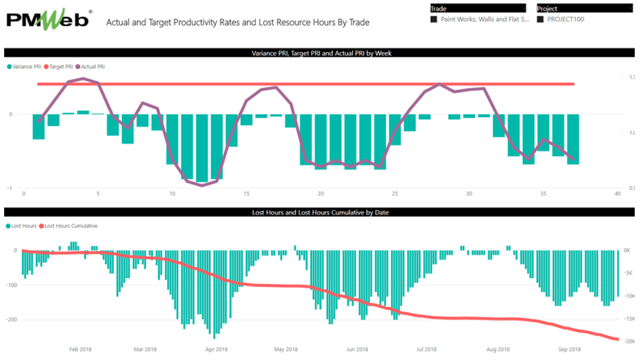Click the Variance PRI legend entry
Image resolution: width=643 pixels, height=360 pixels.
pyautogui.click(x=24, y=67)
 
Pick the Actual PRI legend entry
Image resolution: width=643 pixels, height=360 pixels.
pyautogui.click(x=91, y=67)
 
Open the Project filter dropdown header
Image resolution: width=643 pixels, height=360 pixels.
pyautogui.click(x=584, y=8)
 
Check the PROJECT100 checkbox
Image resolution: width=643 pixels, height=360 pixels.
pyautogui.click(x=540, y=20)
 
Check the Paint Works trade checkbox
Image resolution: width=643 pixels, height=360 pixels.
pyautogui.click(x=434, y=20)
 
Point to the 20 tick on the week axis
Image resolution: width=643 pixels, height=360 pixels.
pyautogui.click(x=321, y=194)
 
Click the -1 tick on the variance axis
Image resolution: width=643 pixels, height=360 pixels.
pyautogui.click(x=9, y=188)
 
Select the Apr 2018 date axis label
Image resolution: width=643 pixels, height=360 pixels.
pyautogui.click(x=216, y=350)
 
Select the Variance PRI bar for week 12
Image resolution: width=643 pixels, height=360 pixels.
pyautogui.click(x=202, y=148)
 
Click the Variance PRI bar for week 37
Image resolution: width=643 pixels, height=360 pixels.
pyautogui.click(x=573, y=139)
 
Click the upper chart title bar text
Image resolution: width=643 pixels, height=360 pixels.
pyautogui.click(x=319, y=53)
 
